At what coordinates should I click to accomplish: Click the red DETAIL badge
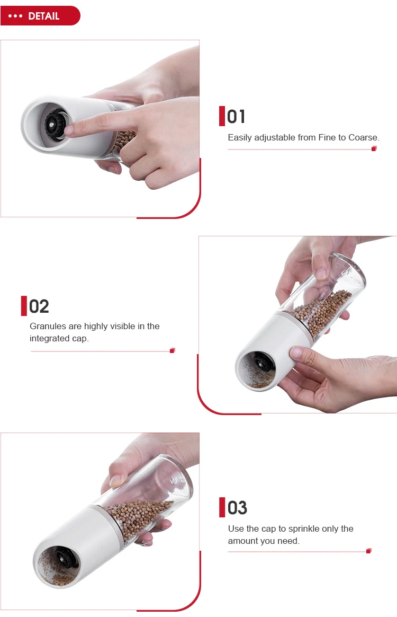click(40, 16)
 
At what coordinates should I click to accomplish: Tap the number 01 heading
click(236, 117)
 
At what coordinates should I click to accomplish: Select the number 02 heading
click(39, 306)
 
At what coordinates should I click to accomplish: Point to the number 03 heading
click(238, 508)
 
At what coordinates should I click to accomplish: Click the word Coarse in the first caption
click(364, 137)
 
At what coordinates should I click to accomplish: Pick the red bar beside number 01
click(222, 116)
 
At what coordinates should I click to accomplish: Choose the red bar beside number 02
click(24, 306)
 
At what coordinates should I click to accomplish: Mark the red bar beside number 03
click(222, 507)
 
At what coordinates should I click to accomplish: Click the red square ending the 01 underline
click(374, 148)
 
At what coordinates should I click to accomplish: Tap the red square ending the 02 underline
click(172, 350)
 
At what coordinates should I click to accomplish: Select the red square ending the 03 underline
click(369, 551)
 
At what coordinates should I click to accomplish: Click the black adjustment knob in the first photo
click(54, 125)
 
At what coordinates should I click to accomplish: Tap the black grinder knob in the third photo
click(64, 557)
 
